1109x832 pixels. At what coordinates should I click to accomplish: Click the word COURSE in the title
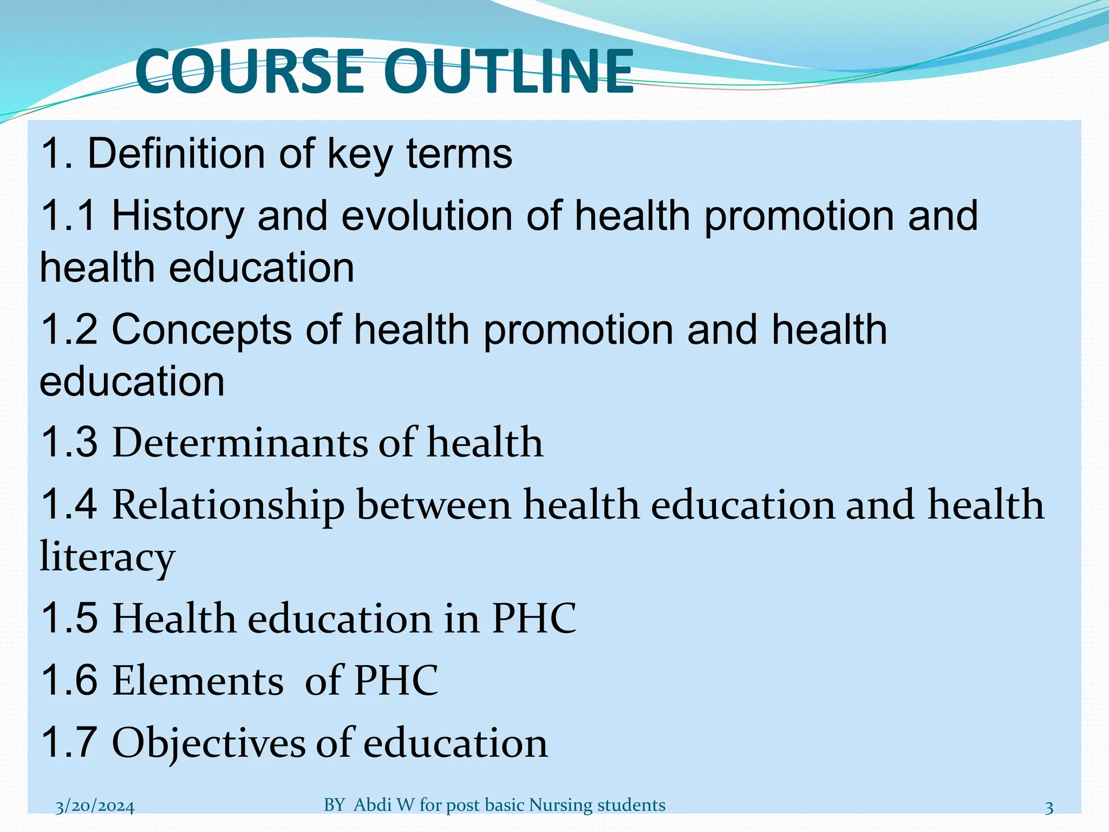tap(250, 71)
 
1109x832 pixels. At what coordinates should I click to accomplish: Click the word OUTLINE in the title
tap(511, 71)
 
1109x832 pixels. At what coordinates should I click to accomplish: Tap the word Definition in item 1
tap(177, 153)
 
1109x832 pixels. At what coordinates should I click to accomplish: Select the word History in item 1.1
tap(178, 216)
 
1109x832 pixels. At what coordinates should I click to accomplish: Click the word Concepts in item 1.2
tap(201, 330)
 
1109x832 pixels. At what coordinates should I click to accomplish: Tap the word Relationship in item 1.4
tap(228, 504)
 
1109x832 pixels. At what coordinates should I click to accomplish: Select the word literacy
tap(107, 556)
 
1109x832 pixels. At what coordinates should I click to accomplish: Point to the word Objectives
tap(208, 743)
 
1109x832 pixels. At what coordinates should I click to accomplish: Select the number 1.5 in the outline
tap(69, 618)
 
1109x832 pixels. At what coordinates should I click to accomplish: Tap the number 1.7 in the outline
tap(69, 743)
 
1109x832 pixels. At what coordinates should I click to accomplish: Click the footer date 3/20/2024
tap(95, 807)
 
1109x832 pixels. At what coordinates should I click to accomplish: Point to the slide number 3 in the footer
tap(1049, 808)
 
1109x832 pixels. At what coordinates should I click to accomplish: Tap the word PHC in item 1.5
tap(534, 618)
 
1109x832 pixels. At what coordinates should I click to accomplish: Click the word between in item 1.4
tap(434, 504)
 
